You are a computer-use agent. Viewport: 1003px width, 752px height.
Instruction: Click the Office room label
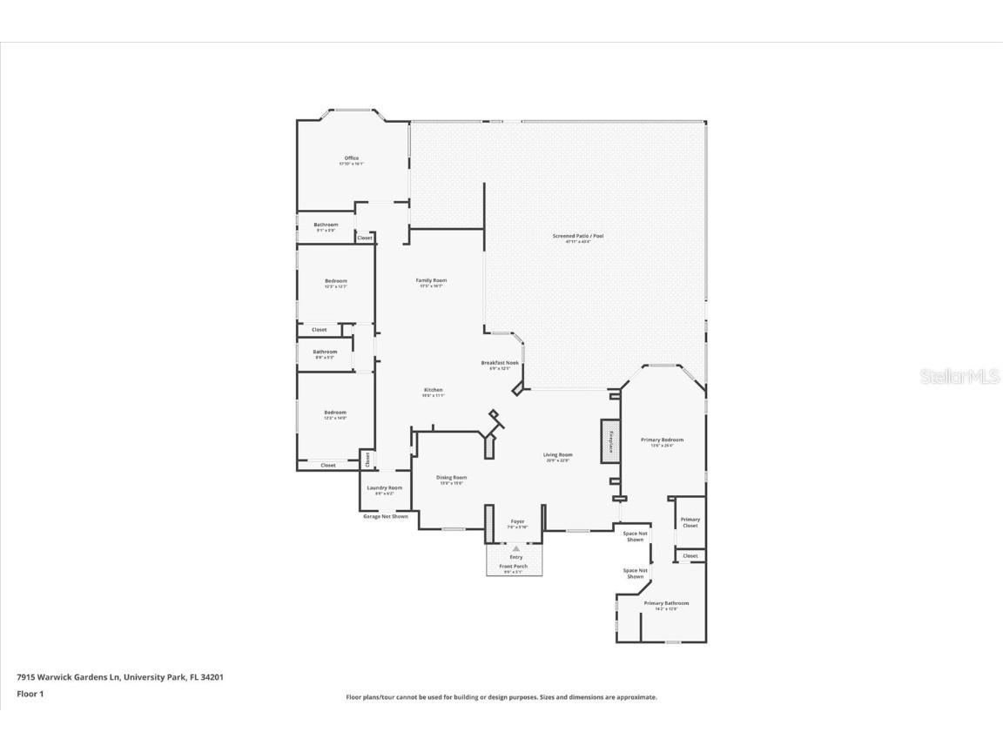pyautogui.click(x=351, y=158)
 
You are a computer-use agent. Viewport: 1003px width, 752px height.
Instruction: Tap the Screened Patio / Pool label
pyautogui.click(x=578, y=236)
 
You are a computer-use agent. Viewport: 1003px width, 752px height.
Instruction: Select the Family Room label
pyautogui.click(x=430, y=280)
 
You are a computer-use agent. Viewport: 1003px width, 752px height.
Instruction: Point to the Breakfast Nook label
pyautogui.click(x=500, y=363)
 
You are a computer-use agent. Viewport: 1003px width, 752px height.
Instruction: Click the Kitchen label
pyautogui.click(x=434, y=390)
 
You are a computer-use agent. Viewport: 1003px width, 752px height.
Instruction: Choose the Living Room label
pyautogui.click(x=558, y=454)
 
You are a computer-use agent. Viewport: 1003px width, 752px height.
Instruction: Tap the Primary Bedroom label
pyautogui.click(x=663, y=440)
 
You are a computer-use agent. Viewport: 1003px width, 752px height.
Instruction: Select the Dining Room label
pyautogui.click(x=452, y=478)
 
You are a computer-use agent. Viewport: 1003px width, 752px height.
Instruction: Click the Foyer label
pyautogui.click(x=517, y=521)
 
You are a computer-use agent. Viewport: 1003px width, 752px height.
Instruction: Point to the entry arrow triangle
pyautogui.click(x=516, y=548)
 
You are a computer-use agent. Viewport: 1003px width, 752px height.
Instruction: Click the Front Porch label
pyautogui.click(x=514, y=567)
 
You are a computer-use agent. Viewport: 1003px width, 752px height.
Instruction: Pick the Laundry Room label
pyautogui.click(x=384, y=488)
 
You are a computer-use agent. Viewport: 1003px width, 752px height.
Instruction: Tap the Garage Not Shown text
pyautogui.click(x=385, y=516)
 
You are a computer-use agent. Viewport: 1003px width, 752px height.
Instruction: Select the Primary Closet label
pyautogui.click(x=690, y=522)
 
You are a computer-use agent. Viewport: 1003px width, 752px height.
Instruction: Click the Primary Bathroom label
pyautogui.click(x=666, y=603)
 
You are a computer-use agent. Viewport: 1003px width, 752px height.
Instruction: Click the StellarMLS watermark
pyautogui.click(x=961, y=376)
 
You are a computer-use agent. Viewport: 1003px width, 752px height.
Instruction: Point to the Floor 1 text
pyautogui.click(x=30, y=694)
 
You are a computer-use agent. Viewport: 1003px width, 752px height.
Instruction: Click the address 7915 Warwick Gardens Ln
pyautogui.click(x=120, y=676)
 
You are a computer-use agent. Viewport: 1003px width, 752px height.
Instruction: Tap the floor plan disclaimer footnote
pyautogui.click(x=501, y=697)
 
